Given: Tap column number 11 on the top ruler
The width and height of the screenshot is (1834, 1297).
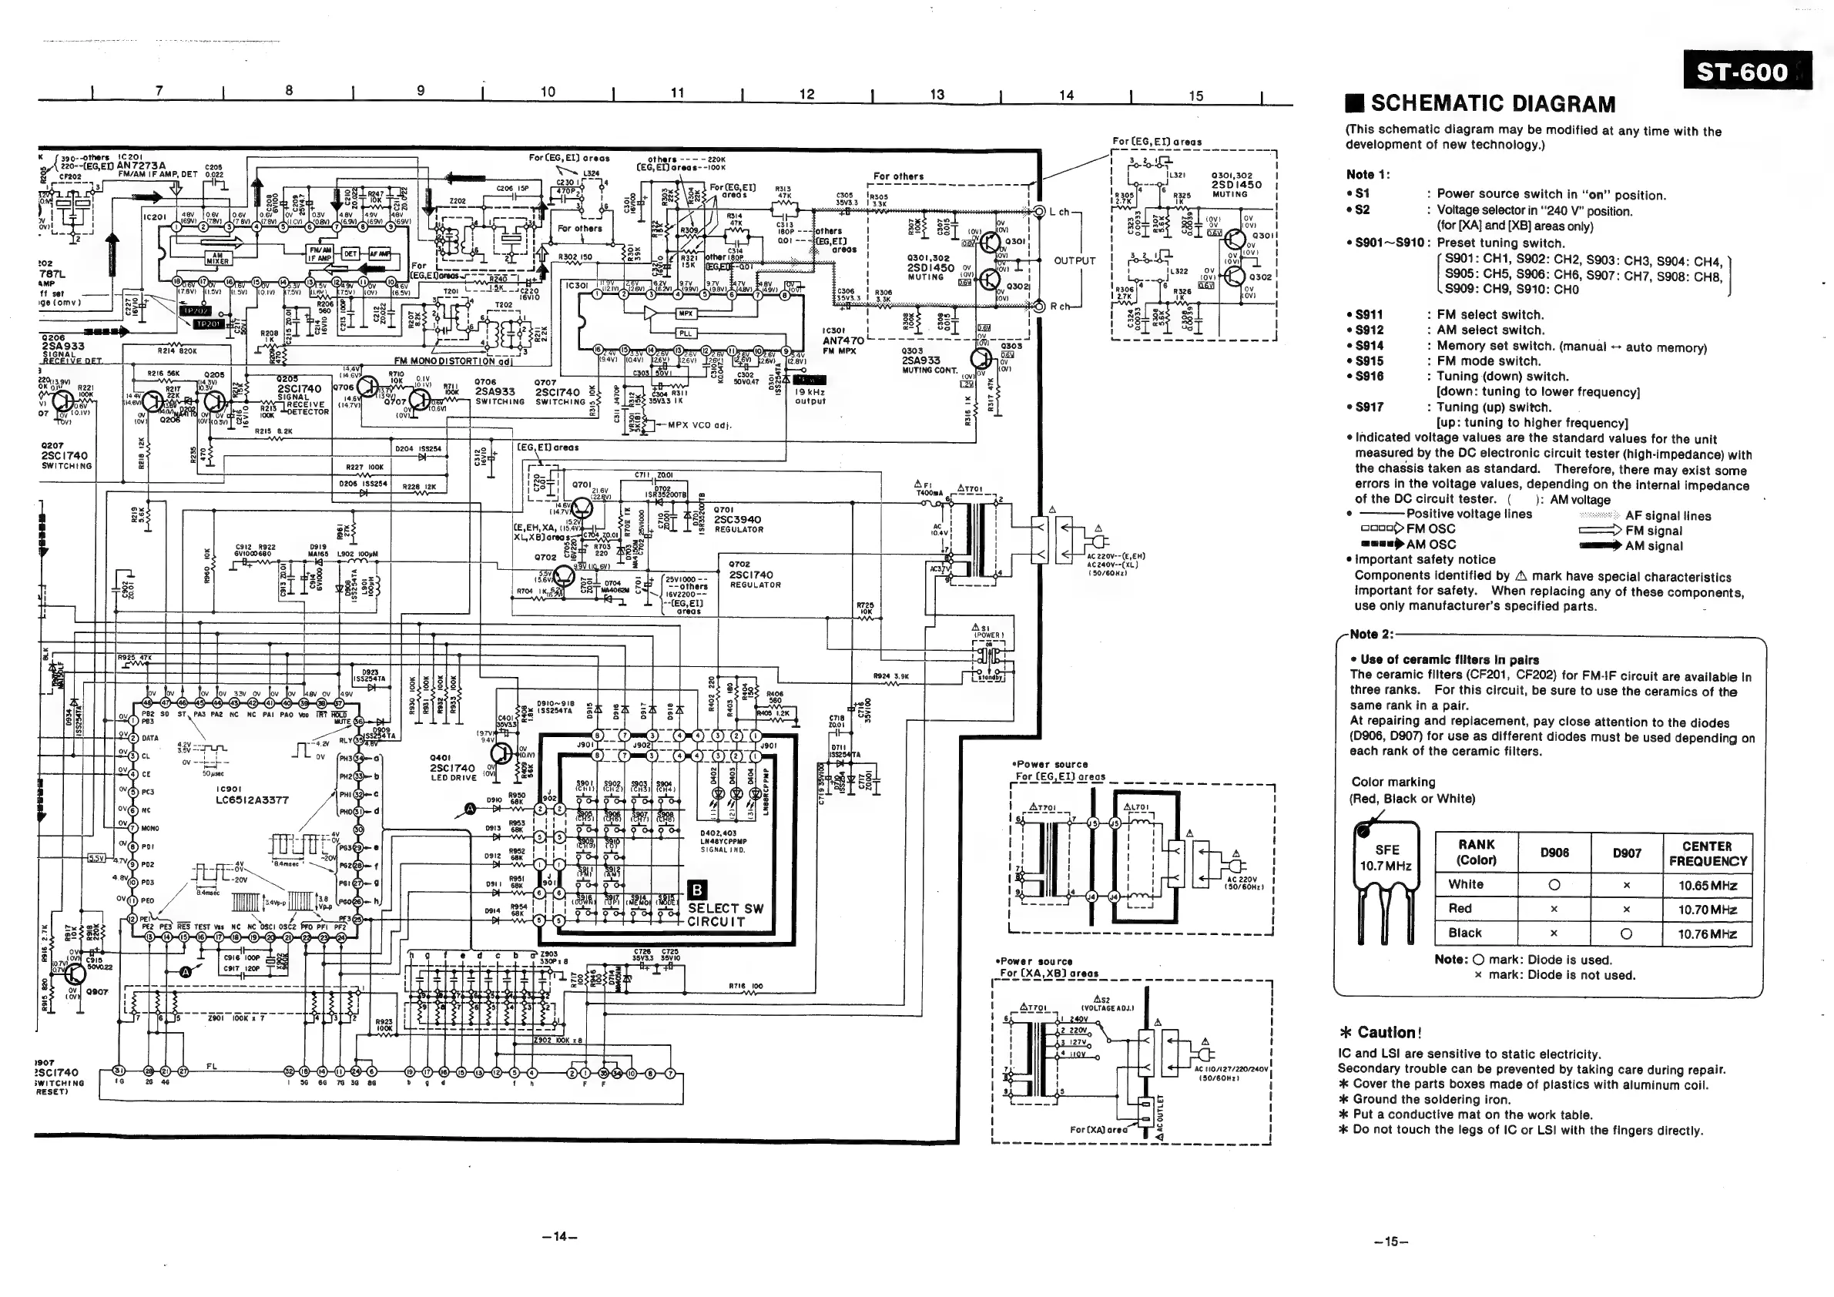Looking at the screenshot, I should (677, 92).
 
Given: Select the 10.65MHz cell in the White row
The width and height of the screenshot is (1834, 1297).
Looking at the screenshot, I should (1707, 886).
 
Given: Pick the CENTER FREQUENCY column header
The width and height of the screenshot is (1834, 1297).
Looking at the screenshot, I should (1707, 853).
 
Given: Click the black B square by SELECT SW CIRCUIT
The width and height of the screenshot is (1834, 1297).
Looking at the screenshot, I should (696, 890).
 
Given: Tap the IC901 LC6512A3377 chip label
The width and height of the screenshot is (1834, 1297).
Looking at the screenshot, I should (251, 795).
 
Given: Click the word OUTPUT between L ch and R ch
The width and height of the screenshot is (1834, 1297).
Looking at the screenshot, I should (1075, 261).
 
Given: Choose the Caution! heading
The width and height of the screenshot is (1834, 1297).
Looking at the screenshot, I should (1388, 1032).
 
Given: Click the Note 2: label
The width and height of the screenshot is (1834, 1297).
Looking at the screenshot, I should (1371, 634).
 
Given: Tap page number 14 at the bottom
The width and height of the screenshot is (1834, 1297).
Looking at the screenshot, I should (559, 1237).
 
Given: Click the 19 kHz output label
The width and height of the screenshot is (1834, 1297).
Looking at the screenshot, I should (810, 396).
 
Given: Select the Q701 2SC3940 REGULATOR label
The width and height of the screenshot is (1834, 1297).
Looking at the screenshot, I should (738, 519).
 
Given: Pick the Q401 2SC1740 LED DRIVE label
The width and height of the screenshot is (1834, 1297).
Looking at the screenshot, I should (452, 768).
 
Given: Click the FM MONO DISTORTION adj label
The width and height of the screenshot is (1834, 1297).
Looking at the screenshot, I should (452, 361).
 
